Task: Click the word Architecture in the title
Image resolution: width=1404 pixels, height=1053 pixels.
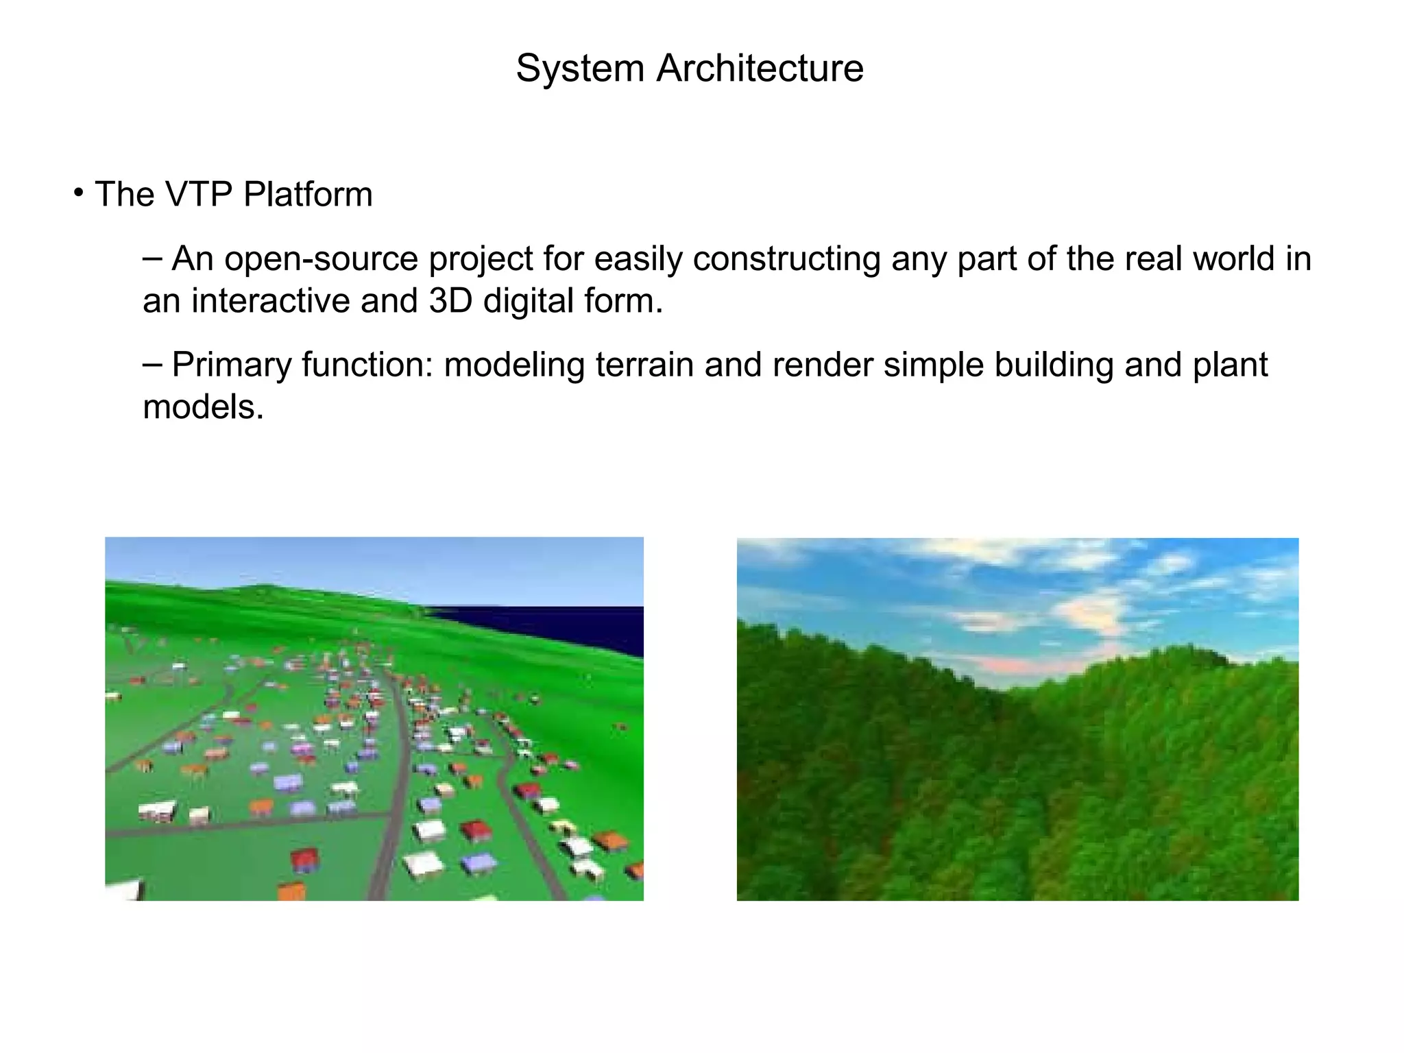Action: [x=760, y=69]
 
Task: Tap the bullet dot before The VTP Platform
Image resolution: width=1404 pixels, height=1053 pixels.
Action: [x=79, y=192]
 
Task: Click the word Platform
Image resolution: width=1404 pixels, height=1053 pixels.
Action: [x=308, y=194]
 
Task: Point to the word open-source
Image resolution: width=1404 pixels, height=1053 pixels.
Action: [x=321, y=259]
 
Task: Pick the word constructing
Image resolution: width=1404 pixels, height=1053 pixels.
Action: [x=786, y=259]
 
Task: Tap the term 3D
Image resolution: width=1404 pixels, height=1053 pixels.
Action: [x=450, y=301]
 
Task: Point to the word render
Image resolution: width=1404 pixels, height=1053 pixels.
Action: [x=822, y=365]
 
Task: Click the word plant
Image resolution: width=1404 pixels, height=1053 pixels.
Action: [x=1230, y=365]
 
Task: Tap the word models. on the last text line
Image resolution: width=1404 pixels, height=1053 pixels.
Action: [x=203, y=408]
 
